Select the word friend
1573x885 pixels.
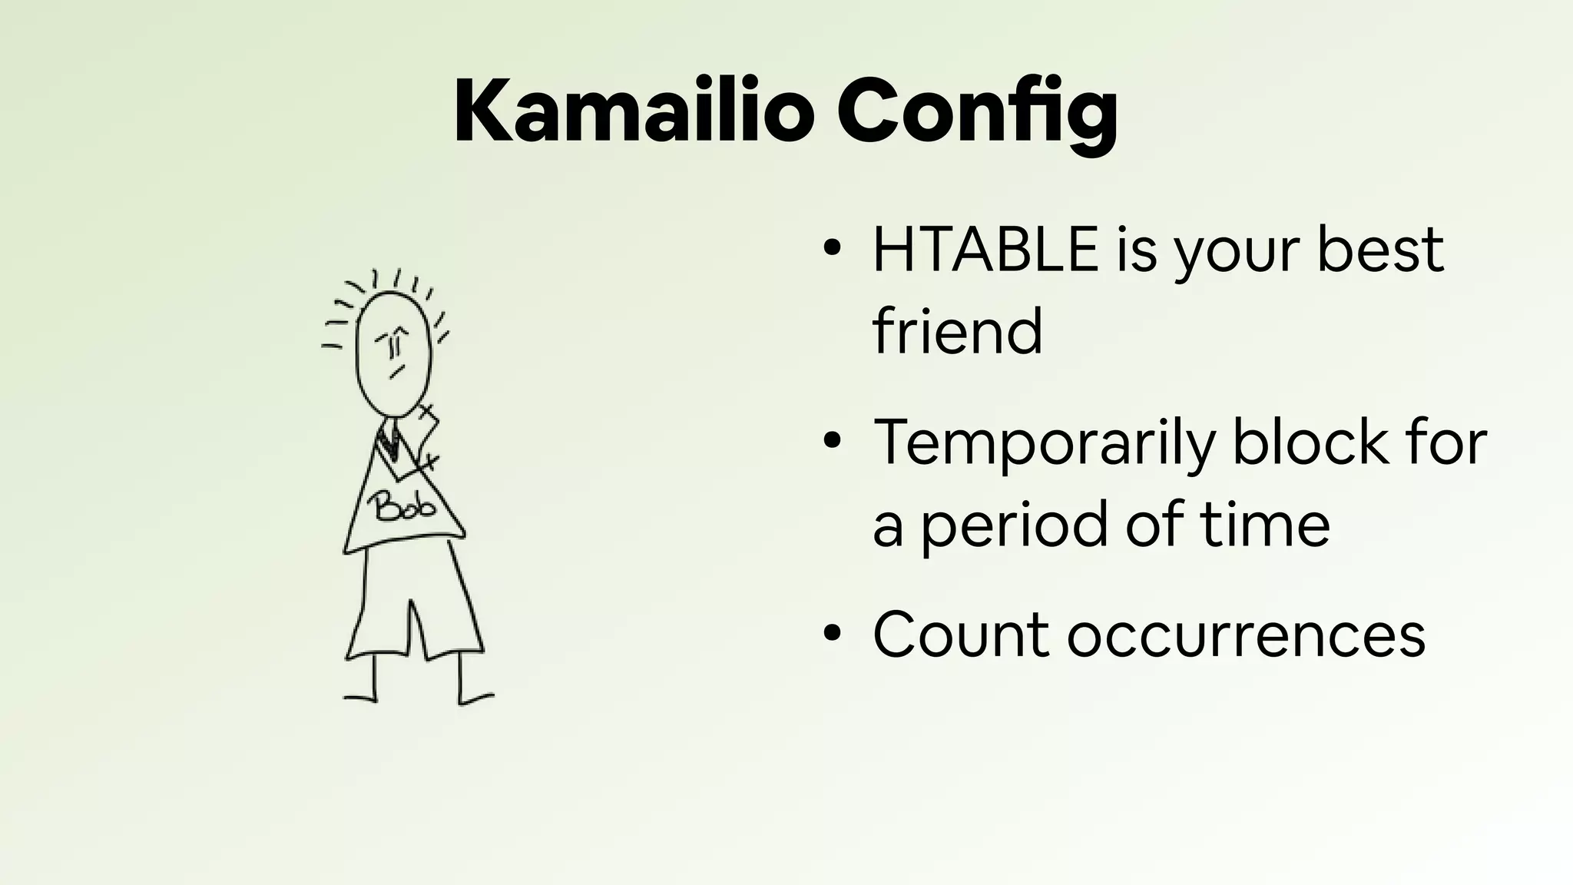point(957,332)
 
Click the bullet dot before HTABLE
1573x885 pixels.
point(831,250)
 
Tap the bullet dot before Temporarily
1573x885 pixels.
point(831,442)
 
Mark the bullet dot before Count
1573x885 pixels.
point(831,635)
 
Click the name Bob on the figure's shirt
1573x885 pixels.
point(402,507)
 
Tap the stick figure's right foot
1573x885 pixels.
point(476,698)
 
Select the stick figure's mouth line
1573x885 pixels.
point(396,373)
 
